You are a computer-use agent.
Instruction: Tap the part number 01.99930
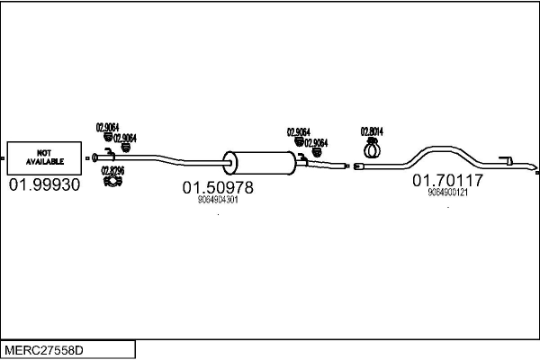[x=44, y=185]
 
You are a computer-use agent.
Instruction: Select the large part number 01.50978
[x=218, y=188]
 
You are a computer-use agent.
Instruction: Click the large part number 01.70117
[x=447, y=181]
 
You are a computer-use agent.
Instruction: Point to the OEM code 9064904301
[x=218, y=201]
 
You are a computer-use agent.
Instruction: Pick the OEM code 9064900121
[x=447, y=193]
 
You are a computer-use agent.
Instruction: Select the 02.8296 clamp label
[x=112, y=170]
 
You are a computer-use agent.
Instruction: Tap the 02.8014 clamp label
[x=372, y=130]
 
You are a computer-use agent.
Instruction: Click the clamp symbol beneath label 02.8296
[x=112, y=183]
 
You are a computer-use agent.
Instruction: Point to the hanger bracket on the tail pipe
[x=507, y=162]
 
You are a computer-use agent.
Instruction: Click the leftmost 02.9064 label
[x=108, y=127]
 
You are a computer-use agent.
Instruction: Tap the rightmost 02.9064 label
[x=316, y=142]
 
